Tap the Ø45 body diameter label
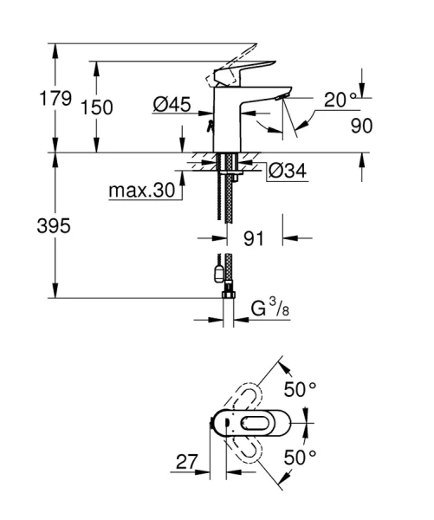tap(172, 105)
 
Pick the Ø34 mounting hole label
tap(286, 171)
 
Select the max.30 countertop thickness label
tap(141, 189)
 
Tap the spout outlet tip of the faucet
tap(275, 102)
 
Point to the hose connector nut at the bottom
tap(228, 296)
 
